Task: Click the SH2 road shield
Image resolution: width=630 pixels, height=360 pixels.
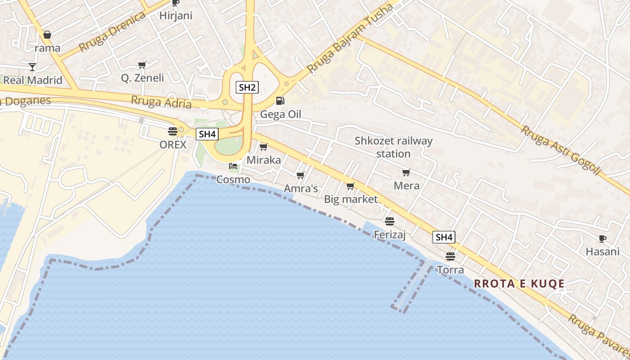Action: tap(247, 87)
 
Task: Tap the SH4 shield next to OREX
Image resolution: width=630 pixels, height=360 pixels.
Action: tap(207, 134)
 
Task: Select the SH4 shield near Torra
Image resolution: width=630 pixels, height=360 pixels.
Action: tap(444, 237)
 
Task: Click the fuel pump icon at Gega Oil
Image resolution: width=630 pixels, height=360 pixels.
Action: tap(280, 101)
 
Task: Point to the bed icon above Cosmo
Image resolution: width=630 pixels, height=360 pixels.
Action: tap(233, 166)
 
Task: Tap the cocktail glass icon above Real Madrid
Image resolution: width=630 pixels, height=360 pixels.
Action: tap(32, 67)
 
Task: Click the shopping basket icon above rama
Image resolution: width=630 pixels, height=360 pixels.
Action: tap(47, 35)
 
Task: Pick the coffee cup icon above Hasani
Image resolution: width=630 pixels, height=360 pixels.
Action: tap(603, 238)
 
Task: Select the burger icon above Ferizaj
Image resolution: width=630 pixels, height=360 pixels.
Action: tap(390, 221)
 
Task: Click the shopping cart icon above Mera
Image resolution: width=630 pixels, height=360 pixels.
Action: tap(406, 172)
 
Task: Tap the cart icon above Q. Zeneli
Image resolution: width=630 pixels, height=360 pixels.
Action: tap(142, 65)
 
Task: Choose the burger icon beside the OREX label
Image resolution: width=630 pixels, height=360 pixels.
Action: tap(172, 131)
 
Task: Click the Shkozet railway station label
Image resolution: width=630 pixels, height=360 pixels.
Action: tap(393, 147)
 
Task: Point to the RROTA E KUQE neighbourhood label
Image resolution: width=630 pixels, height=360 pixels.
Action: tap(519, 283)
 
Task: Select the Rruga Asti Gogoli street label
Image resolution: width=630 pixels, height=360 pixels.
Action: tap(561, 150)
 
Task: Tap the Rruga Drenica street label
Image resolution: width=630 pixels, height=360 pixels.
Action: tap(112, 32)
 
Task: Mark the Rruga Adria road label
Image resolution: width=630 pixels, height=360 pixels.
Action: tap(161, 102)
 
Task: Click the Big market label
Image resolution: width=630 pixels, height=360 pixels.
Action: tap(351, 199)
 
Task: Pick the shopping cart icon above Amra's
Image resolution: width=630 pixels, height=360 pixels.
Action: tap(300, 175)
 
